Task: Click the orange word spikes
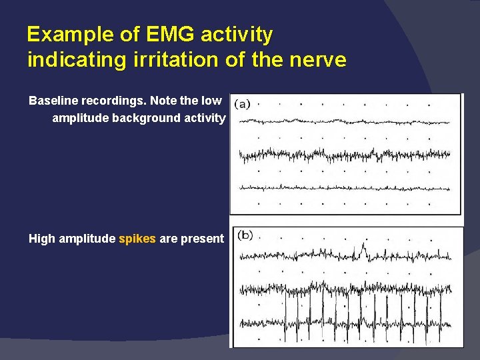click(x=137, y=239)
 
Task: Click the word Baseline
click(x=52, y=101)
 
